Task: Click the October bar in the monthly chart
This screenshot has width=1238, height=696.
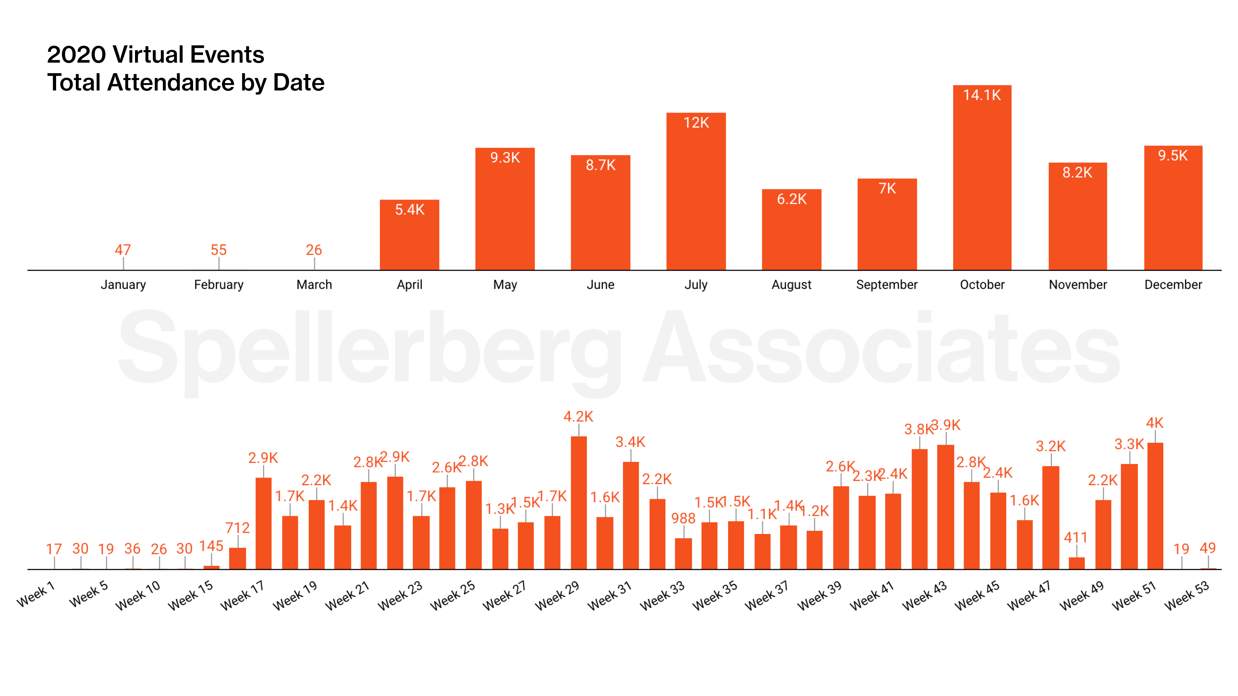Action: coord(982,183)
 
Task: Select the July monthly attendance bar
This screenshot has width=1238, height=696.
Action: coord(696,192)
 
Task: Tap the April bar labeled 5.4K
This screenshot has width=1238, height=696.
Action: coord(409,235)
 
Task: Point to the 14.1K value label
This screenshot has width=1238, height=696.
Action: coord(982,95)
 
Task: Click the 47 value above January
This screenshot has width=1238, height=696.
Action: coord(123,250)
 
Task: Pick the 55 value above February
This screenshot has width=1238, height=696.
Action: coord(219,250)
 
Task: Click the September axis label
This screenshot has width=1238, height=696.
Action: coord(887,285)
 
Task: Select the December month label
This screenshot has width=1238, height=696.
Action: coord(1173,285)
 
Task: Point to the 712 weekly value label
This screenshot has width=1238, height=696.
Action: coord(238,528)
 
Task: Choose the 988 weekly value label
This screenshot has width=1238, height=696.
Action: coord(683,518)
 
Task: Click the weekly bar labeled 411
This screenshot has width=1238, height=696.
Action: coord(1077,563)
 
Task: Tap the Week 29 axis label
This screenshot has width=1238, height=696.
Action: coord(557,595)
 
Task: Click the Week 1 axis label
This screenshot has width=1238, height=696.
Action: coord(36,595)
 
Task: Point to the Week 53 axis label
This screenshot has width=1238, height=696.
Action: coord(1186,595)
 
